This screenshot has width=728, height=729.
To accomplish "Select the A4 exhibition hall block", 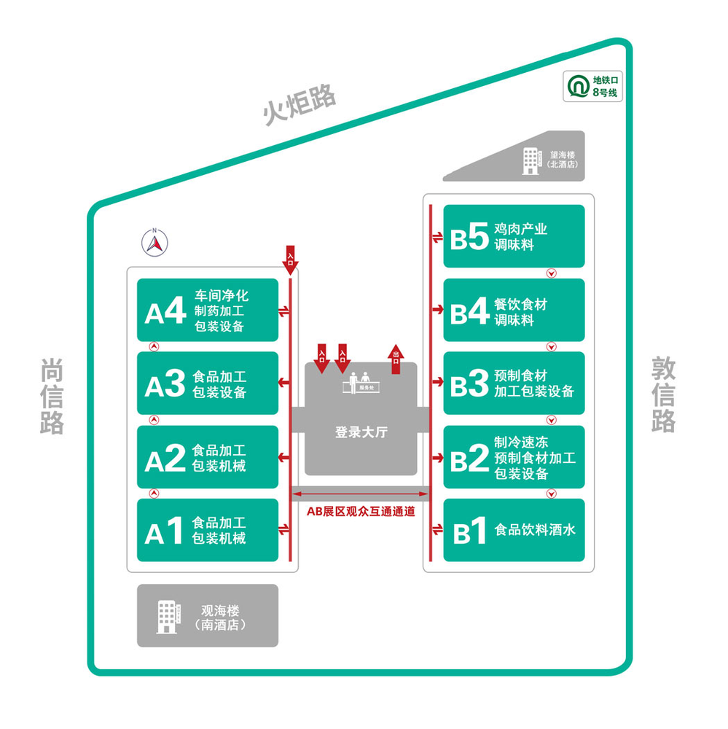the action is click(208, 310).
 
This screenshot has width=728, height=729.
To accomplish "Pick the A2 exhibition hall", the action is click(208, 457).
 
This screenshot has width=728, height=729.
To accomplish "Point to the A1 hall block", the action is click(208, 530).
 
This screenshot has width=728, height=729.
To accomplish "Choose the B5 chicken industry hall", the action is click(514, 236).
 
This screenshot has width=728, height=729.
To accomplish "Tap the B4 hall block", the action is click(514, 310).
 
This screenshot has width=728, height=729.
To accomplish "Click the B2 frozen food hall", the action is click(514, 457).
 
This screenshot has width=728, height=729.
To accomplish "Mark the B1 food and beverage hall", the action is click(514, 530).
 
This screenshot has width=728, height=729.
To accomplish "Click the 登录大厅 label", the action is click(361, 432).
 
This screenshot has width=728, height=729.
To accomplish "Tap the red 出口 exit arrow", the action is click(396, 358).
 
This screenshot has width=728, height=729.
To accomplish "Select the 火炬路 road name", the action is click(300, 104).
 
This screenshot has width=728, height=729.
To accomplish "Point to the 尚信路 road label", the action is click(52, 397).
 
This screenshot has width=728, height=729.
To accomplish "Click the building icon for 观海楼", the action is click(167, 617).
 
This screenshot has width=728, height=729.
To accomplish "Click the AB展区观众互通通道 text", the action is click(361, 512).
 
